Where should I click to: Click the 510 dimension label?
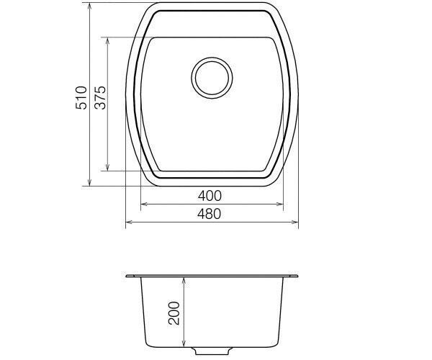point(81,97)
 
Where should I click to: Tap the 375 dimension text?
point(100,97)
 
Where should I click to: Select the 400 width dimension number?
point(210,196)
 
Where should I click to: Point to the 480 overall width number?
point(209,214)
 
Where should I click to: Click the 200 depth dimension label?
point(174,313)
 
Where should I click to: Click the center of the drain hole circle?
point(212,78)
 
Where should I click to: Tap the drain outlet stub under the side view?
point(212,351)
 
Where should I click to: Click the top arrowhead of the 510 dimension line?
point(89,6)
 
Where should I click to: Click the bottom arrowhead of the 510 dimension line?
point(89,182)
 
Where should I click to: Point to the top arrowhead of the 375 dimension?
point(108,41)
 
